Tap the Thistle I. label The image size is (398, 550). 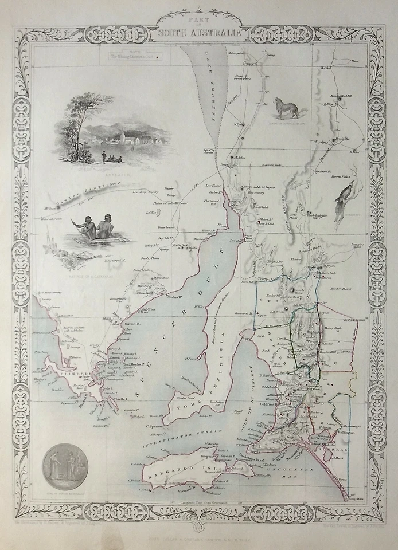(123, 400)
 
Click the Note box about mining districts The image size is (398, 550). (130, 56)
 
